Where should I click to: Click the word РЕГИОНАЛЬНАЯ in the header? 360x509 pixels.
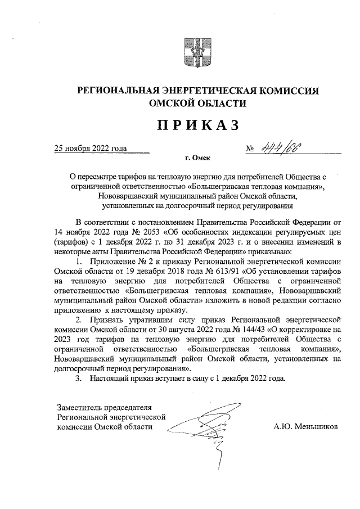coord(116,91)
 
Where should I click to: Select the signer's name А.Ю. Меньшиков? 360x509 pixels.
coord(305,427)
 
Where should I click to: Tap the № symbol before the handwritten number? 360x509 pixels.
coord(250,149)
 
